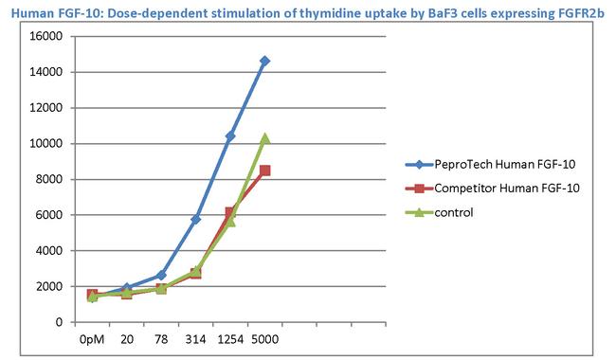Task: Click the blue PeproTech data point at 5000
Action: click(x=264, y=61)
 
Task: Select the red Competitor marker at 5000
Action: click(x=264, y=171)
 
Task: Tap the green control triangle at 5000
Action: click(x=264, y=138)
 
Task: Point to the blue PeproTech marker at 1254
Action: click(x=230, y=136)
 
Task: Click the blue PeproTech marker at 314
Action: click(x=196, y=219)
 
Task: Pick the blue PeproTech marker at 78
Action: click(x=161, y=275)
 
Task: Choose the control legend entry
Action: click(x=454, y=212)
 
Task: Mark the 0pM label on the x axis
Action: click(x=92, y=338)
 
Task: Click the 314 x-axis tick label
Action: click(x=195, y=338)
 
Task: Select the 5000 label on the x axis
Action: click(x=264, y=338)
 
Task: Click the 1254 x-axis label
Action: click(x=230, y=338)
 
